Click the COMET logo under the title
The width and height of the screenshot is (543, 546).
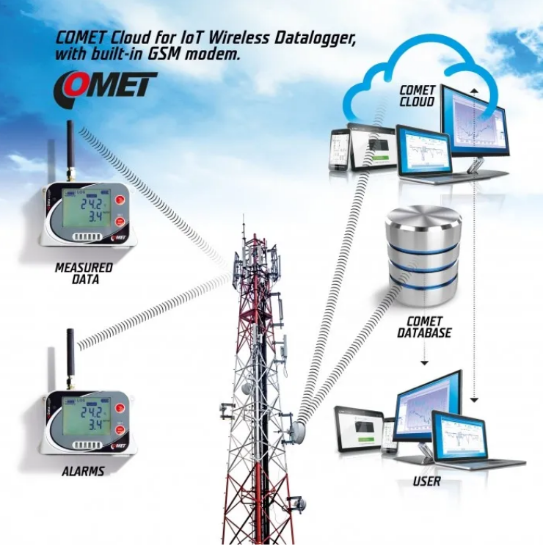105,86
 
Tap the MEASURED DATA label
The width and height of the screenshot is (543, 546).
84,273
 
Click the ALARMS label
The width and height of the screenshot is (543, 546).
83,470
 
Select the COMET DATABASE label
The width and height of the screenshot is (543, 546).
424,327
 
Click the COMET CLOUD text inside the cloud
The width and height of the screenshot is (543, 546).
416,96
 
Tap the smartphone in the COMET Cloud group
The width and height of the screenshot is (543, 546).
338,150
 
